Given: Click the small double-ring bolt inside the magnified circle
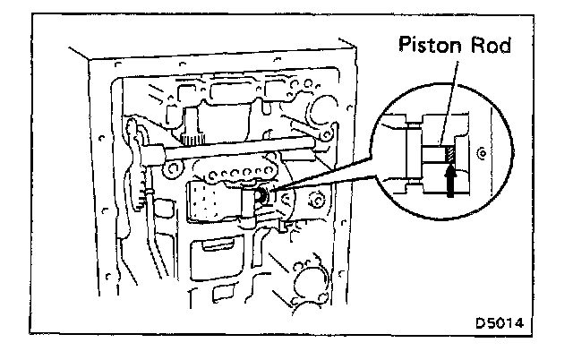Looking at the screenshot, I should coord(482,154).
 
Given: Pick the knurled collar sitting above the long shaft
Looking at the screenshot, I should coord(193,135).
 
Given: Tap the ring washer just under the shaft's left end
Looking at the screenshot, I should coord(169,167).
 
